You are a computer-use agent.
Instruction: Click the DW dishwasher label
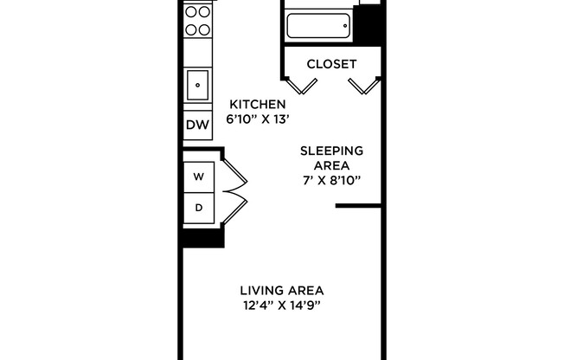tap(198, 125)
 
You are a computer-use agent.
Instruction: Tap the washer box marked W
tap(198, 177)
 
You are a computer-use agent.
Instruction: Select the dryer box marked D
tap(198, 207)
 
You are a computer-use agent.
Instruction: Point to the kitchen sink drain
tap(198, 85)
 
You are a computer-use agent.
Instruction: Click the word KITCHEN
tap(256, 104)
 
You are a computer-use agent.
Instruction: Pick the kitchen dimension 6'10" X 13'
tap(256, 119)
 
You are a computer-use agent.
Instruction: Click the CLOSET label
tap(331, 64)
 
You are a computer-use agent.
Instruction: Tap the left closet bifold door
tap(301, 85)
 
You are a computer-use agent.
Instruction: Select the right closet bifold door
tap(361, 85)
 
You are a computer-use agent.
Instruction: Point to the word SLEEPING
tap(331, 151)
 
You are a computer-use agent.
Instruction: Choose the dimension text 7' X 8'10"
tap(331, 180)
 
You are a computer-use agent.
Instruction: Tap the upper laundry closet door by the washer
tap(234, 177)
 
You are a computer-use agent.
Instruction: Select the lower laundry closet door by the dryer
tap(234, 208)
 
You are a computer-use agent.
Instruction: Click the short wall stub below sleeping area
tap(358, 206)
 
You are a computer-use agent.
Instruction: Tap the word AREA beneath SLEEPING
tap(331, 165)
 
